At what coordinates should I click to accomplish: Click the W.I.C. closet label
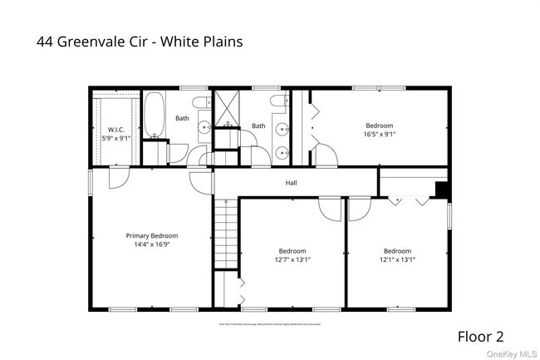[115, 130]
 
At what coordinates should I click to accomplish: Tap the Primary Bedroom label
[152, 236]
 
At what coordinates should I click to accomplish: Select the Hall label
[291, 183]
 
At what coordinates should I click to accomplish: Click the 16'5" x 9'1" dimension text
[379, 134]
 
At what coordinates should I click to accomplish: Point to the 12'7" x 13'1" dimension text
[292, 259]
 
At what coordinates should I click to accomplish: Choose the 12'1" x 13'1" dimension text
[397, 259]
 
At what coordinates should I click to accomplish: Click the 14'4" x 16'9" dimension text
[152, 244]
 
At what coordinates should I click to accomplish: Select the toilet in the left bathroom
[200, 102]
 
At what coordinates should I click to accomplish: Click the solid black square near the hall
[442, 190]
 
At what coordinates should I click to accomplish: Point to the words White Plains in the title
[206, 40]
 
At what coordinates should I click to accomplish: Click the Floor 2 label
[480, 337]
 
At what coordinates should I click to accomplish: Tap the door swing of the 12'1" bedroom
[358, 208]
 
